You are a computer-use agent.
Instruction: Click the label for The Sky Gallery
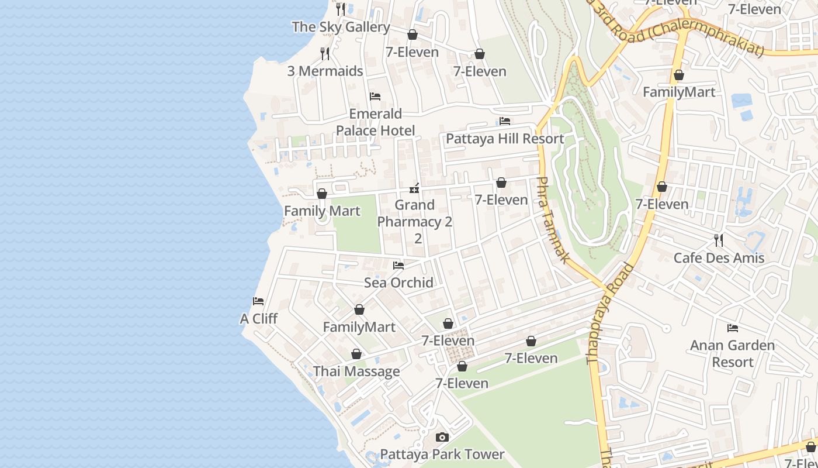341,27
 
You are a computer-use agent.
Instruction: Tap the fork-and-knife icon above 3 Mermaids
325,54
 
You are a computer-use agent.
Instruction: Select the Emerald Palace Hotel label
375,122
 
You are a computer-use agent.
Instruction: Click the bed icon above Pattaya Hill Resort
505,121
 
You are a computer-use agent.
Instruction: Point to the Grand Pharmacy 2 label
415,221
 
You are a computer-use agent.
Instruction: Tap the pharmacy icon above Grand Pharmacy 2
414,188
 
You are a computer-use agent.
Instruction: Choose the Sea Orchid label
398,283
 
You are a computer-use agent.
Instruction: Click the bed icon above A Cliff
258,301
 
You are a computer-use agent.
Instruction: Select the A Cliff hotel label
259,319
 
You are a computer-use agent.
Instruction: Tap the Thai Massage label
356,371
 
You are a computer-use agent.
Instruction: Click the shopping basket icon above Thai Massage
356,354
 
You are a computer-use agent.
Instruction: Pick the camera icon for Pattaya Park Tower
442,437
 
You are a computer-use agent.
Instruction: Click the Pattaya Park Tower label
442,455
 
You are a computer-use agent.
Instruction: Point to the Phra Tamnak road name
553,219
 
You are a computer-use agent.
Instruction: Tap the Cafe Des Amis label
719,258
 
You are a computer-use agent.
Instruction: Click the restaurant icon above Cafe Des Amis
719,240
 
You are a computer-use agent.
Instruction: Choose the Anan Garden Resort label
732,353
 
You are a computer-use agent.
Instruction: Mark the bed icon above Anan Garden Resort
732,328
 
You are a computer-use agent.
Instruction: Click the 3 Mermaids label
325,71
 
